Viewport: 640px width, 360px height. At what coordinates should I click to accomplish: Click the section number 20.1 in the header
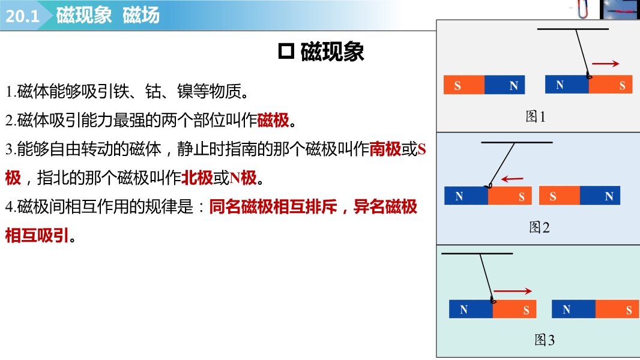click(x=22, y=16)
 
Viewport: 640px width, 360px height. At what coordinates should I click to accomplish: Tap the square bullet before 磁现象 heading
click(x=286, y=52)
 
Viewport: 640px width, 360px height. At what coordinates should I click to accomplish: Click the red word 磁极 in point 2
click(x=273, y=120)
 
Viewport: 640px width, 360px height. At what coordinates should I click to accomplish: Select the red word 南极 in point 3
click(x=385, y=149)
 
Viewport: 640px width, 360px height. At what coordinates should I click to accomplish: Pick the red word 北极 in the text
click(x=197, y=178)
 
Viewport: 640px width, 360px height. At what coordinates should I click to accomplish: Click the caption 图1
click(x=536, y=116)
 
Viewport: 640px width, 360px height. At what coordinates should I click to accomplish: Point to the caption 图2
click(x=539, y=227)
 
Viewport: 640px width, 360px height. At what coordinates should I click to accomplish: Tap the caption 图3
click(x=545, y=340)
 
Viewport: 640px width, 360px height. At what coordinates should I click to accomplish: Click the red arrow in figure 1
click(x=606, y=64)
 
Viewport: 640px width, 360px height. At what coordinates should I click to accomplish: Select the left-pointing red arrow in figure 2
click(x=512, y=179)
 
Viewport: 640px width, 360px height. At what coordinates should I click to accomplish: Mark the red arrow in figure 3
click(x=513, y=290)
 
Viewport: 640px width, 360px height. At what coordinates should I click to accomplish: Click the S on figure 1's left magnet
click(x=457, y=86)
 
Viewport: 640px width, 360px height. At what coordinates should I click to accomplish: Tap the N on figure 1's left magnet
click(x=513, y=86)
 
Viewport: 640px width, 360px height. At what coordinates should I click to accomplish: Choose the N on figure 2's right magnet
click(x=609, y=197)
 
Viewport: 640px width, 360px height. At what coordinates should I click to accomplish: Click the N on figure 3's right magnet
click(x=566, y=310)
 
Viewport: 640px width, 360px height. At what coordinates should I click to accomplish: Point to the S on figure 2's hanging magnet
click(x=522, y=197)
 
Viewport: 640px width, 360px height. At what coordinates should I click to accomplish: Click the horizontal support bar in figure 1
click(x=573, y=29)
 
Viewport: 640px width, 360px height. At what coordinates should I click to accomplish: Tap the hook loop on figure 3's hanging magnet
click(x=493, y=301)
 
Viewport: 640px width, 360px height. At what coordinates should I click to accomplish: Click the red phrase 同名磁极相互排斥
click(x=273, y=207)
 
